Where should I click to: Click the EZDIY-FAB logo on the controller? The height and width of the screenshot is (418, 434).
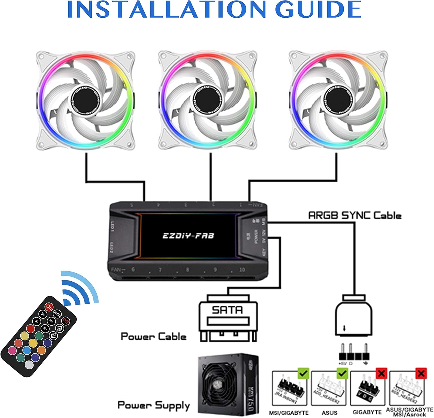point(188,235)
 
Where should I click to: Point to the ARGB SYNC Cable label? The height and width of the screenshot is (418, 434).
point(355,216)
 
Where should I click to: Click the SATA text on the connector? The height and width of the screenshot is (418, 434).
point(227,310)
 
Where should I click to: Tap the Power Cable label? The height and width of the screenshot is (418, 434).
point(153,336)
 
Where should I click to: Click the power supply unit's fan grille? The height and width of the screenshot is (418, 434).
point(221,385)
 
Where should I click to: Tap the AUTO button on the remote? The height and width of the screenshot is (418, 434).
point(57,314)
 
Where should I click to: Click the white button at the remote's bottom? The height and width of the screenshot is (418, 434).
point(29,364)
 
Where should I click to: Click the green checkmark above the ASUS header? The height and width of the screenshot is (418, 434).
point(343,373)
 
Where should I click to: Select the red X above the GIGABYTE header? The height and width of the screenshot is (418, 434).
point(381,373)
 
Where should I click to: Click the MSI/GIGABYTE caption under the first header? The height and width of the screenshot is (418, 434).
point(289,413)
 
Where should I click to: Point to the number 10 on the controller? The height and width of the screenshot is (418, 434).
point(242,269)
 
